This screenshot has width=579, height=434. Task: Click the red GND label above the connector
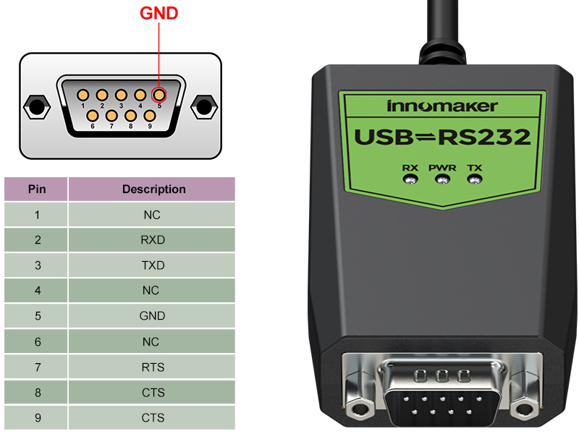(159, 13)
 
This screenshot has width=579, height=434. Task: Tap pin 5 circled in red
(159, 95)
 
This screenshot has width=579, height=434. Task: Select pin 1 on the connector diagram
(83, 95)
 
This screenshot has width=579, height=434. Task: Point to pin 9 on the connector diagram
(149, 115)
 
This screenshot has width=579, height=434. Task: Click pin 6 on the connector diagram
(93, 115)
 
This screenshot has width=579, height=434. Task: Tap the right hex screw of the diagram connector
(205, 107)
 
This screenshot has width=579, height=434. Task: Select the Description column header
(153, 190)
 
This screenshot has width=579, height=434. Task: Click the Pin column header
(37, 190)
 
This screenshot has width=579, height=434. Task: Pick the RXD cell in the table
(153, 240)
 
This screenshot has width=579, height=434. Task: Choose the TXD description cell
(153, 265)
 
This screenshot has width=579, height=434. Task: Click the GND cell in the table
(153, 316)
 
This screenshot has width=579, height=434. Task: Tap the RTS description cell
(153, 367)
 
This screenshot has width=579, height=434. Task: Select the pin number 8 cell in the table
(37, 393)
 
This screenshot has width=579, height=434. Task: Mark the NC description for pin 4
(152, 291)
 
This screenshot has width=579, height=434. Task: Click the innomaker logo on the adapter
(442, 106)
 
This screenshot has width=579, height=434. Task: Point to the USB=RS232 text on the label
(442, 137)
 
